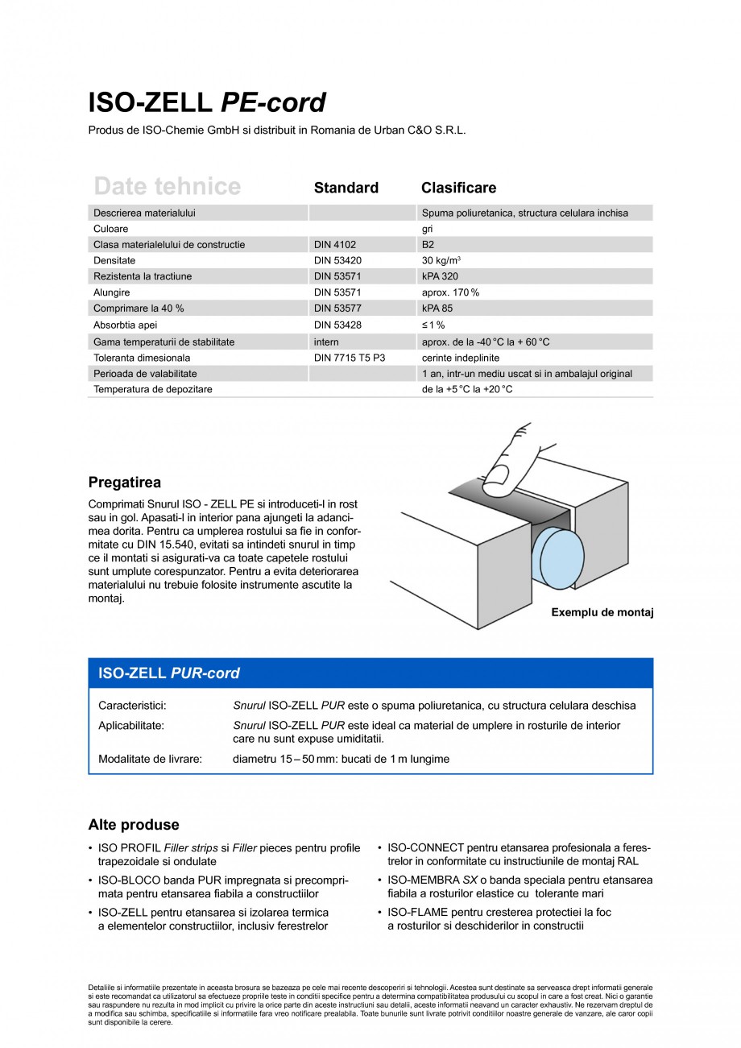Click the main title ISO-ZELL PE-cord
[207, 102]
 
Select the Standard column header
[346, 188]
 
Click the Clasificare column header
[458, 188]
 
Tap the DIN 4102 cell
[334, 245]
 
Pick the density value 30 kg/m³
[441, 261]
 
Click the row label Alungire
[111, 293]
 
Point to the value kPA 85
[438, 309]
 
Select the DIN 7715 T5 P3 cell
[350, 358]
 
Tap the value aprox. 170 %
[450, 293]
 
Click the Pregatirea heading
[124, 483]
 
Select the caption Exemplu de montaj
[602, 613]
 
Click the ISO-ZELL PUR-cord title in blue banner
[168, 673]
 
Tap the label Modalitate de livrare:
[150, 759]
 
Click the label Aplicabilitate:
[131, 726]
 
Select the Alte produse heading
[133, 825]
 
